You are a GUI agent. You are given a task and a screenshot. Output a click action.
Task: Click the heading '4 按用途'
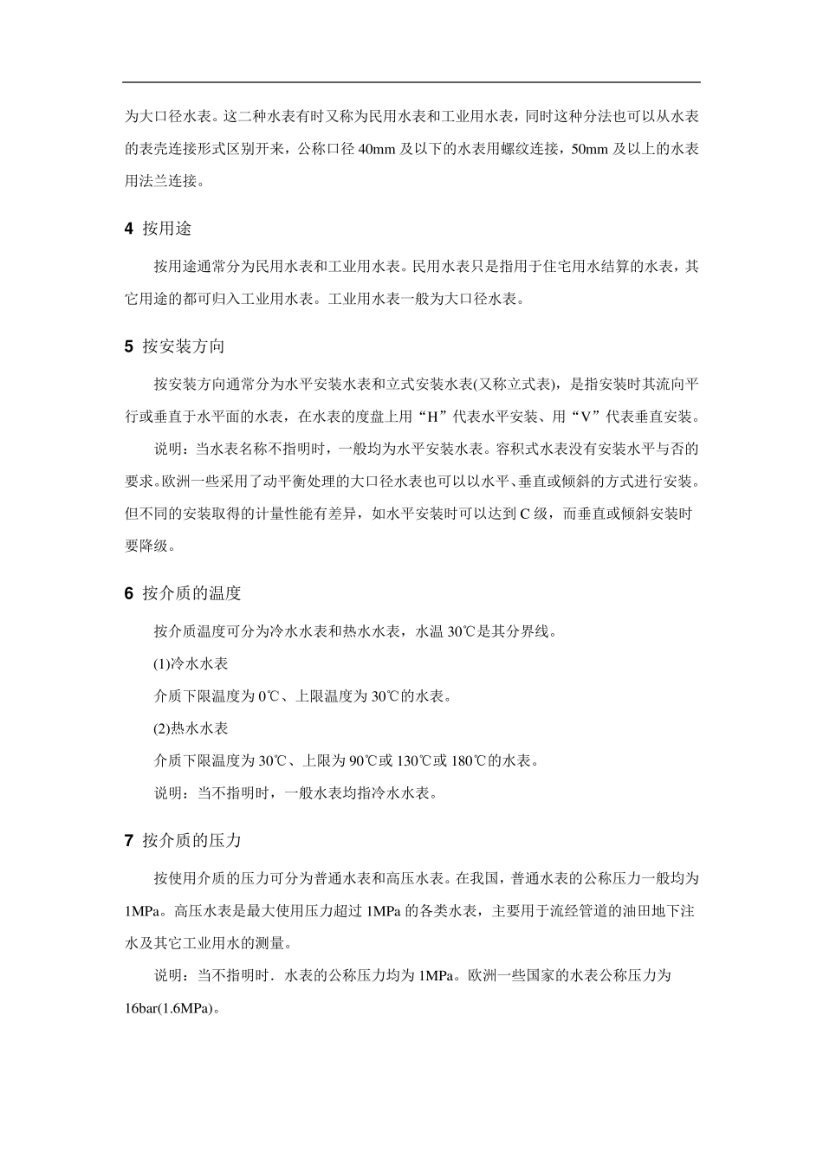(x=159, y=229)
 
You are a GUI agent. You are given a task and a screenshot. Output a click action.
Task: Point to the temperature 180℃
(x=469, y=761)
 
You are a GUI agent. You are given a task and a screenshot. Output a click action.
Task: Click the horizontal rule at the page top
(x=411, y=82)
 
